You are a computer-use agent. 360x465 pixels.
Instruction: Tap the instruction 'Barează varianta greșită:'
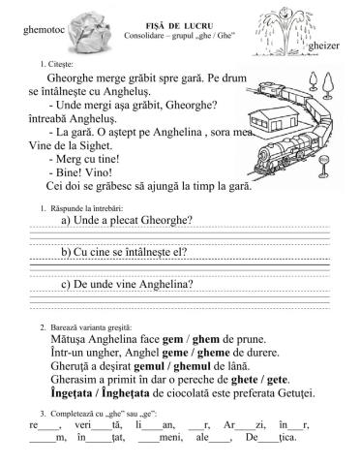[x=83, y=328]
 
